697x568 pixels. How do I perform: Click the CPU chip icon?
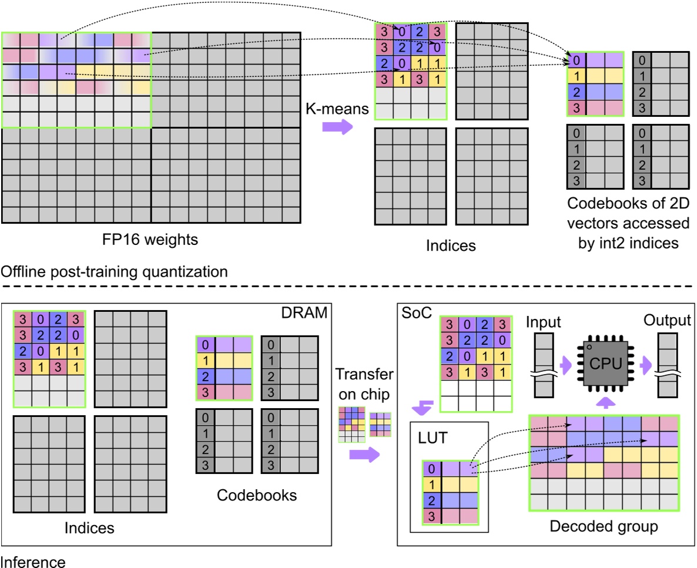[x=605, y=363]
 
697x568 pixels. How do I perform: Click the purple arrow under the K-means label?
[x=337, y=127]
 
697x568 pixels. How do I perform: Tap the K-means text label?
[x=337, y=109]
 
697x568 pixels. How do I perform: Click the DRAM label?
[x=304, y=312]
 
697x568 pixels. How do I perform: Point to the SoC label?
[x=417, y=313]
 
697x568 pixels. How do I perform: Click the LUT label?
[x=432, y=438]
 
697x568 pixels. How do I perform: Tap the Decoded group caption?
[x=604, y=526]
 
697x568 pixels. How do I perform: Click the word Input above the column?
[x=543, y=322]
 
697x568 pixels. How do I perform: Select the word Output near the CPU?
[x=667, y=320]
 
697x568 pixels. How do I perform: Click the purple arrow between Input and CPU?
[x=565, y=365]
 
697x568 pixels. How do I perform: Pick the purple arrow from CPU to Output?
[x=645, y=365]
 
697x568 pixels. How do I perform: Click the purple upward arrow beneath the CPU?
[x=605, y=402]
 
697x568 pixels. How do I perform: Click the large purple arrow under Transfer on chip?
[x=364, y=454]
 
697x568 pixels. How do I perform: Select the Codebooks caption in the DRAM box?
[x=256, y=495]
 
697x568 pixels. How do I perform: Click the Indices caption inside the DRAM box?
[x=89, y=527]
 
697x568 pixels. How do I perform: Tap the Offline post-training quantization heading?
[x=114, y=271]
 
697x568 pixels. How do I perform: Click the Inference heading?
[x=33, y=562]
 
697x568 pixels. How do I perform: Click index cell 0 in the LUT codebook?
[x=431, y=469]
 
